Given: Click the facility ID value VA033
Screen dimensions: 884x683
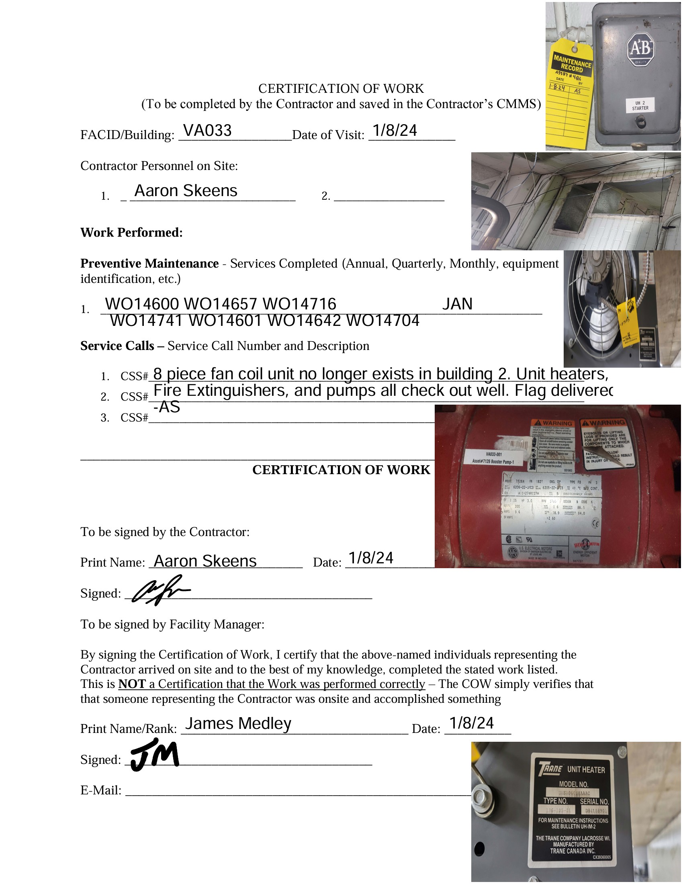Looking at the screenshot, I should tap(207, 130).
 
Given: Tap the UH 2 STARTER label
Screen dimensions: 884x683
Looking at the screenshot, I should tap(640, 106).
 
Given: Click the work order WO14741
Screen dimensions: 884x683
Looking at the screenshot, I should tap(146, 321).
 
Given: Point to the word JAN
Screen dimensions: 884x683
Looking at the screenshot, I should tap(457, 304).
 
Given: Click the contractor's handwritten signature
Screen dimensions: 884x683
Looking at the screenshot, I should tap(159, 590).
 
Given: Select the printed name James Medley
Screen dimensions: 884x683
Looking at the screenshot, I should tap(238, 723).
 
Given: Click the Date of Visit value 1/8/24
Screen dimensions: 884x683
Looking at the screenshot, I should tap(395, 130).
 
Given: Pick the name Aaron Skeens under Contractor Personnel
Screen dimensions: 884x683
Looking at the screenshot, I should tap(186, 190).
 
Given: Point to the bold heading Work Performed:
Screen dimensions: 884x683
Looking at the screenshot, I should tap(131, 232).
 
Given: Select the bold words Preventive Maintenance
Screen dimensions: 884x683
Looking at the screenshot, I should tap(149, 264).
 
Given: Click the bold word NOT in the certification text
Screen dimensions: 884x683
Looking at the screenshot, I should tap(132, 684).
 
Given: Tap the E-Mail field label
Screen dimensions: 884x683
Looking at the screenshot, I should tap(101, 790).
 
